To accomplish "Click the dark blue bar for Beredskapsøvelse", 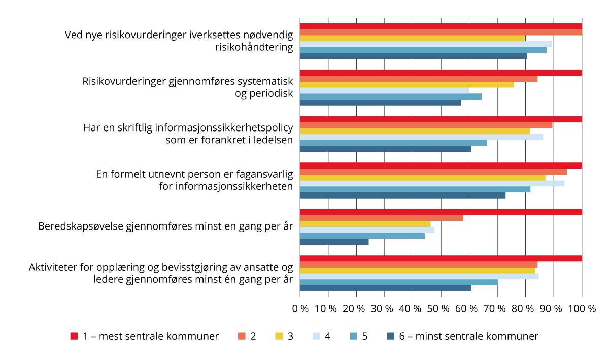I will coord(334,242).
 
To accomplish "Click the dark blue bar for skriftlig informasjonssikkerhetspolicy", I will coord(386,149).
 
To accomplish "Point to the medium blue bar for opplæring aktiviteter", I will coord(399,282).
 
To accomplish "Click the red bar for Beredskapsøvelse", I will coord(441,212).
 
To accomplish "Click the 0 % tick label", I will coord(300,308).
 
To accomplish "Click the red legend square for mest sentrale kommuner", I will coord(74,336).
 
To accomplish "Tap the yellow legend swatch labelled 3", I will coord(279,336).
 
